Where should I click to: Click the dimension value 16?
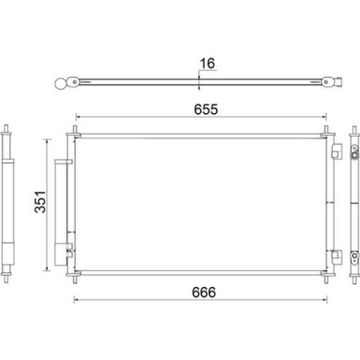pyautogui.click(x=207, y=65)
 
